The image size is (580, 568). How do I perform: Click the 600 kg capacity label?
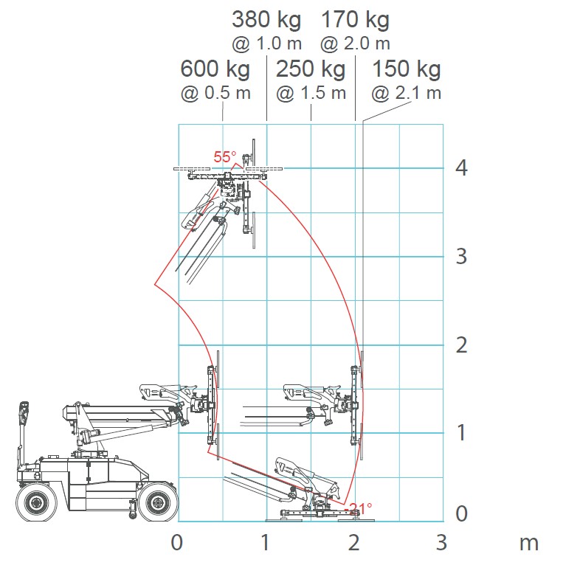click(215, 69)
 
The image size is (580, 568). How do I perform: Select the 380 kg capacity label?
click(266, 20)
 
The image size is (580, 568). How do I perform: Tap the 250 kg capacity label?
click(311, 69)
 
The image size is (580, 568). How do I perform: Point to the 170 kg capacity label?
click(355, 20)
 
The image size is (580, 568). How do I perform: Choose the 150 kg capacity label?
click(407, 69)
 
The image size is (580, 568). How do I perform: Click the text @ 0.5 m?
click(215, 93)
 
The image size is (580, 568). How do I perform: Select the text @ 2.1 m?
click(406, 93)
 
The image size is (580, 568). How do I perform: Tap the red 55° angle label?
click(225, 157)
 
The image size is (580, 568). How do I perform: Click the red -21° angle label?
click(359, 508)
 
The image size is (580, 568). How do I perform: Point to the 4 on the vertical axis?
click(461, 168)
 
